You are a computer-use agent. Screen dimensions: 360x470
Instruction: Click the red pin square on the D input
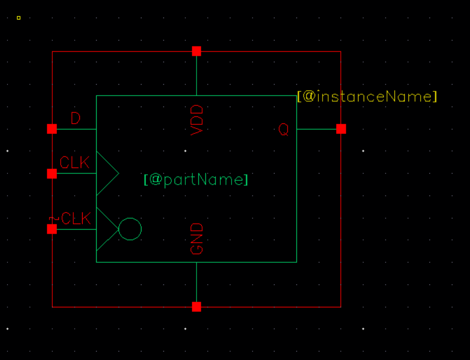52,129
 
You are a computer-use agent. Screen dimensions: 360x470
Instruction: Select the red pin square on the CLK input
52,174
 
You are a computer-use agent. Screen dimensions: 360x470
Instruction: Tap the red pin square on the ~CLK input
52,229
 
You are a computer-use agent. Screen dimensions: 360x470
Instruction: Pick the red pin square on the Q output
341,129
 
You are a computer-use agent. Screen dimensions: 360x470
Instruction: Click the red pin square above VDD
196,51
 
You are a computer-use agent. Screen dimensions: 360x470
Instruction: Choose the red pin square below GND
196,307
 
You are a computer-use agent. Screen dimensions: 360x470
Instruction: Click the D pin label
76,119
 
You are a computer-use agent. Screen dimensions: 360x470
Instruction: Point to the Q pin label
283,129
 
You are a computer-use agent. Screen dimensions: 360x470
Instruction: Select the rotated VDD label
197,120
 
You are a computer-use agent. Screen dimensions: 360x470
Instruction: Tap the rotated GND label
197,239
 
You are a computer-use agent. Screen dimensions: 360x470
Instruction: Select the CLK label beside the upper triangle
74,162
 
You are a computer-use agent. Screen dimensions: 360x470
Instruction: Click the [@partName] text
196,180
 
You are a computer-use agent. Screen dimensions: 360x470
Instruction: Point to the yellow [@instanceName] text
367,97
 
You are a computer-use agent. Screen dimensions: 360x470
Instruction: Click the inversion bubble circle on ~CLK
130,229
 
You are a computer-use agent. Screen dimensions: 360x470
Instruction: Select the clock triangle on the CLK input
105,174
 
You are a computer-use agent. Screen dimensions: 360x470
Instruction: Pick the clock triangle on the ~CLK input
105,229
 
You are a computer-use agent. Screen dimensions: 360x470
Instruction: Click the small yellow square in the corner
19,18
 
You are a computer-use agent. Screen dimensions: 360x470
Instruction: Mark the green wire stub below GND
196,282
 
